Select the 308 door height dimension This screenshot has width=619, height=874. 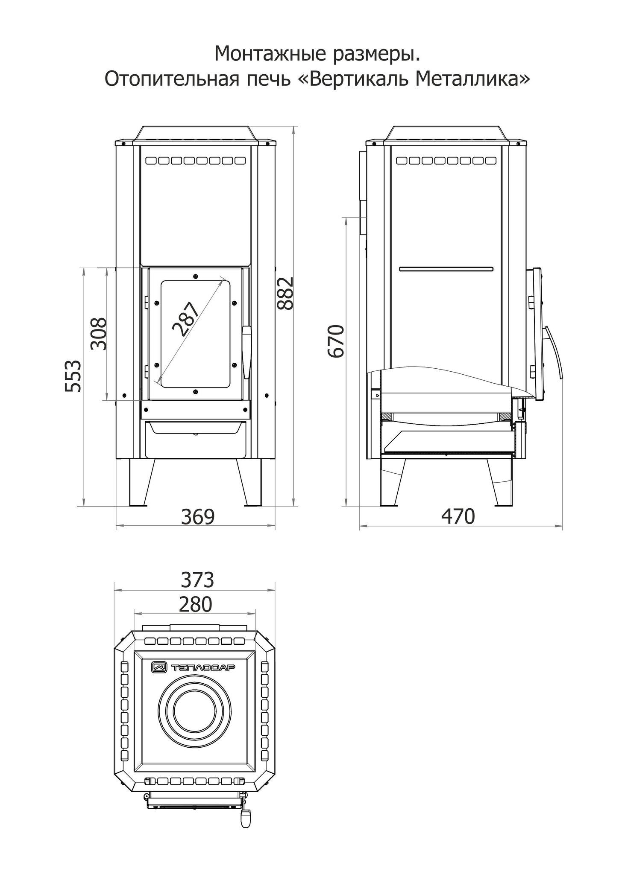click(x=99, y=333)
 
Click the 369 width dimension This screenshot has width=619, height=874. click(x=197, y=517)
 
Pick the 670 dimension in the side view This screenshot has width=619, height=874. click(x=335, y=341)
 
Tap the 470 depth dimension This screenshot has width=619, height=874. click(x=458, y=517)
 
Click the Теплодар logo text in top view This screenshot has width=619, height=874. click(x=203, y=667)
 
